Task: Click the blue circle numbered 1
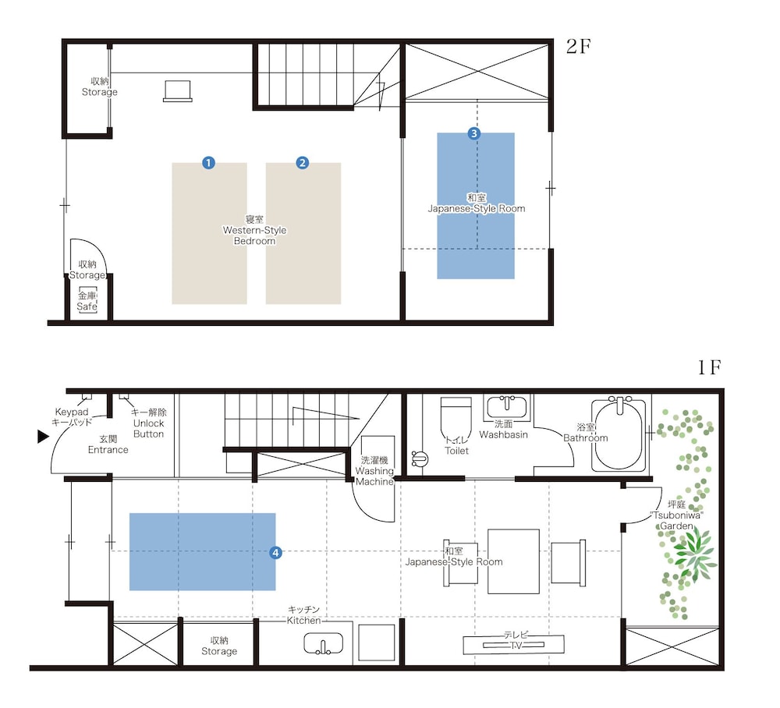(x=209, y=163)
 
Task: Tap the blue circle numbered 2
(x=303, y=163)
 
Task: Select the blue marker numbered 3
(x=474, y=133)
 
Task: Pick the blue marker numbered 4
(x=275, y=552)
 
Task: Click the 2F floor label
(x=578, y=46)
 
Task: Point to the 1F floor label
(x=709, y=367)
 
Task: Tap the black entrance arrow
(x=44, y=437)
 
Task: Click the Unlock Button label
(x=149, y=423)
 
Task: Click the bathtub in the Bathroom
(x=619, y=435)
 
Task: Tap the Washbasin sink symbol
(x=507, y=407)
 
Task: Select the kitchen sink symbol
(x=324, y=643)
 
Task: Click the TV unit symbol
(x=513, y=644)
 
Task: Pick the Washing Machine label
(x=374, y=471)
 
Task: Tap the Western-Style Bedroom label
(x=255, y=230)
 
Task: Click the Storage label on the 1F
(x=219, y=646)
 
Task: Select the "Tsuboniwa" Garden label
(x=676, y=515)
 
